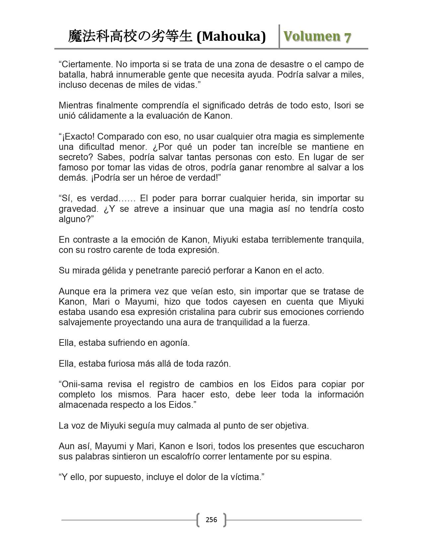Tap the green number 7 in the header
347,37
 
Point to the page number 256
211,519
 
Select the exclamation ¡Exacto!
78,136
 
